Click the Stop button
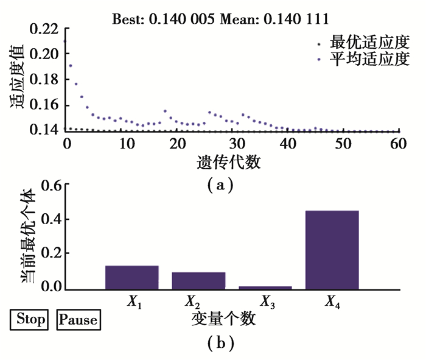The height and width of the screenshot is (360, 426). [29, 319]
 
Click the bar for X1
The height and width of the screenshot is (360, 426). [131, 277]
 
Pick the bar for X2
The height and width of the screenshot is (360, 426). [198, 280]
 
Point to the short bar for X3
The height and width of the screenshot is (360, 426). [265, 287]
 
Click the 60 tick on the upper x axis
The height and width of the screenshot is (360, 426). [399, 144]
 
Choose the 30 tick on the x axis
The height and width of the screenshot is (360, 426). [232, 144]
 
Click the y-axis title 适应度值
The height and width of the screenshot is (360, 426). [16, 77]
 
